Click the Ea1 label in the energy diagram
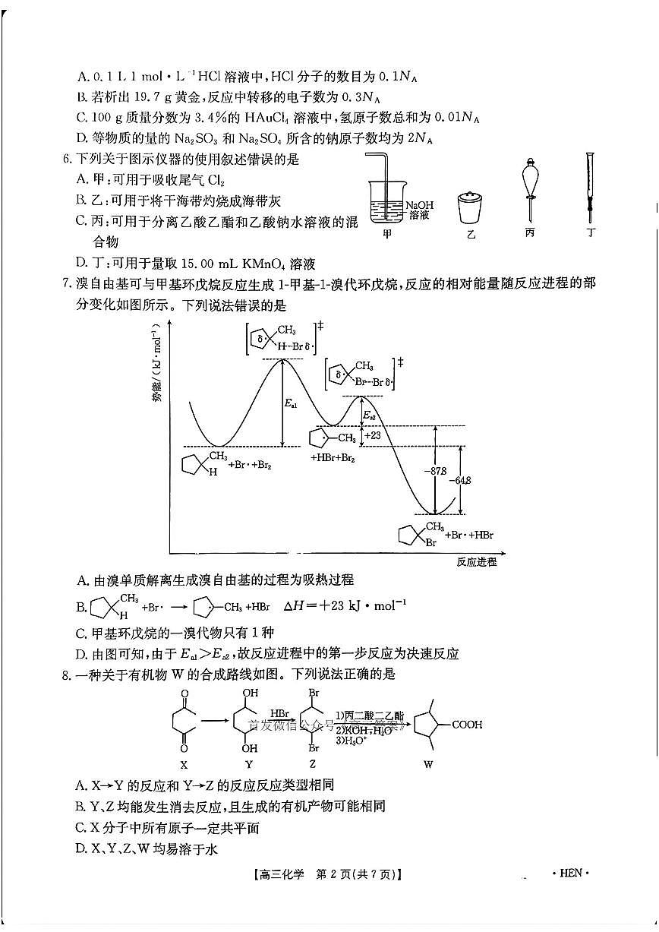pyautogui.click(x=291, y=404)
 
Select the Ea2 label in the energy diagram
pyautogui.click(x=368, y=415)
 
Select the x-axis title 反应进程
pyautogui.click(x=477, y=562)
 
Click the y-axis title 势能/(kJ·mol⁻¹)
pyautogui.click(x=157, y=364)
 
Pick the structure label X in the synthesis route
pyautogui.click(x=184, y=764)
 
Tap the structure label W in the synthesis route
pyautogui.click(x=428, y=764)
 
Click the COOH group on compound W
pyautogui.click(x=467, y=725)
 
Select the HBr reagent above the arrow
pyautogui.click(x=279, y=714)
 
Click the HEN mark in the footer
pyautogui.click(x=570, y=873)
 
